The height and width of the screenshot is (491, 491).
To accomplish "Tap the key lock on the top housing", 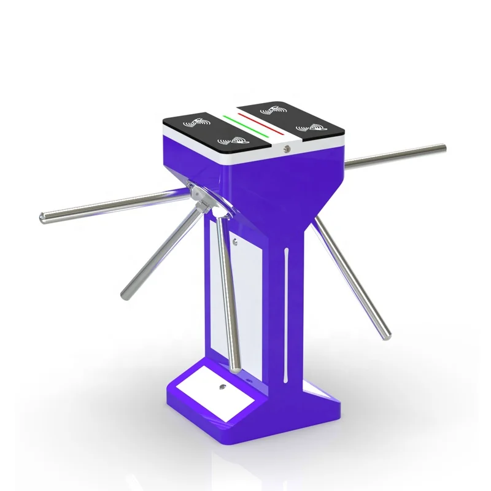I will [286, 147].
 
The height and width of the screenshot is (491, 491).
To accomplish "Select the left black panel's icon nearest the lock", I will [233, 142].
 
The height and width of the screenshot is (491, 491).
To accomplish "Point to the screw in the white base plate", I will [222, 387].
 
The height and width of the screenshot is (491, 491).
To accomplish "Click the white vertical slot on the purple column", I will [287, 313].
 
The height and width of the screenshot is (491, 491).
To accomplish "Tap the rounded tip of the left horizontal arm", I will [42, 216].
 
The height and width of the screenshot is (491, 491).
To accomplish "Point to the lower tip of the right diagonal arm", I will [387, 336].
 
